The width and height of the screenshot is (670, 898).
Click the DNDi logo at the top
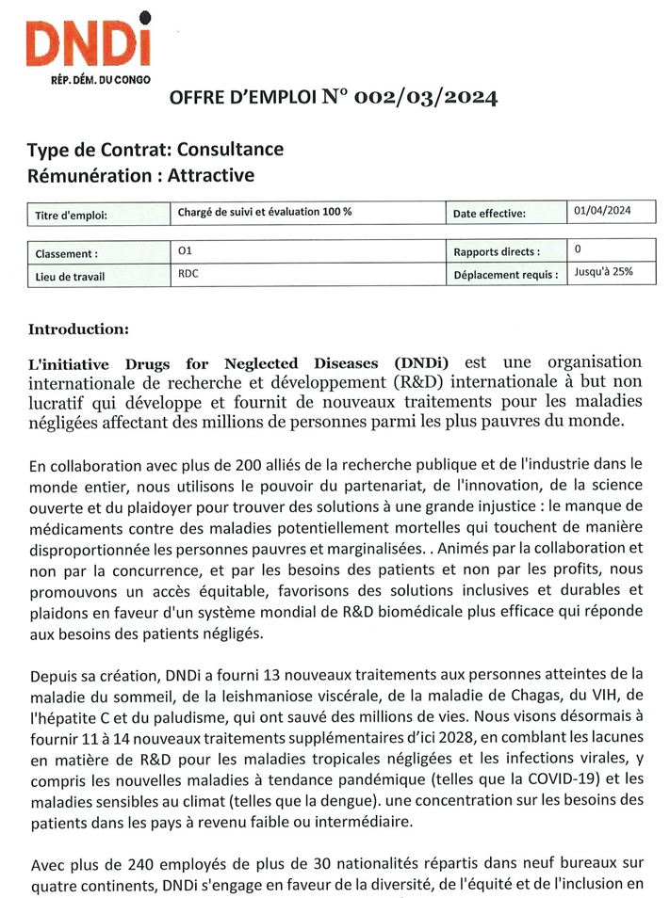(x=90, y=41)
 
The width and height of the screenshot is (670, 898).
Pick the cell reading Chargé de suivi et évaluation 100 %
(x=265, y=213)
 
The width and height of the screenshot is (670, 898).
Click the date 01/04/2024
(x=601, y=211)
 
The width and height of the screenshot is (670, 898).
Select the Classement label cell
(x=66, y=254)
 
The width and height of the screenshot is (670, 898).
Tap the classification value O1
(x=185, y=252)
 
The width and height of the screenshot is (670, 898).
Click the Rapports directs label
(x=497, y=252)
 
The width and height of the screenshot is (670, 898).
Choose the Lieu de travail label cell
(x=70, y=277)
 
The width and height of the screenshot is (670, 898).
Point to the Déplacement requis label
(x=503, y=277)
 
